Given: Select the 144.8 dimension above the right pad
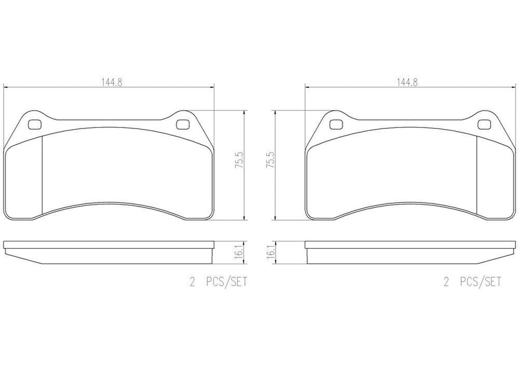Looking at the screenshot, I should coord(407,83).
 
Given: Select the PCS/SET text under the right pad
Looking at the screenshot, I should coord(479,282).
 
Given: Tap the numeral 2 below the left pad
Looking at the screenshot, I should coord(192,282).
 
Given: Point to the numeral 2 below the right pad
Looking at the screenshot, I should coord(446,282).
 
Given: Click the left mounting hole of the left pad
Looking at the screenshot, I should coord(35,124).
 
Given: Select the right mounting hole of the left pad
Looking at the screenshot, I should coord(182,124).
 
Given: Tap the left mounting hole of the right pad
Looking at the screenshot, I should coord(335,123).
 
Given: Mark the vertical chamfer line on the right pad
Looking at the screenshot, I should coord(478,172).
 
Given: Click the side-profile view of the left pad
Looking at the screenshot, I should coord(109,250).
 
